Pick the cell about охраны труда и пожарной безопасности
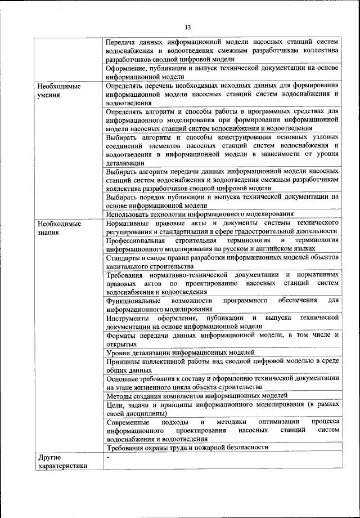[187, 447]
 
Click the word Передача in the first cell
[121, 42]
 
